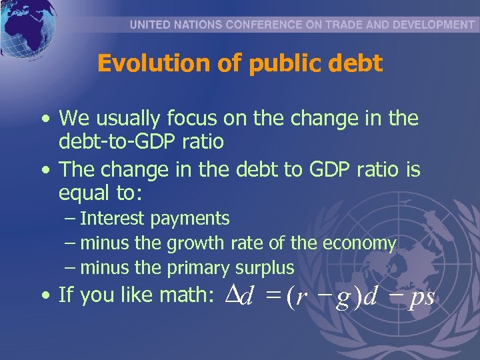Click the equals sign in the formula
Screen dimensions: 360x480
[271, 296]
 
